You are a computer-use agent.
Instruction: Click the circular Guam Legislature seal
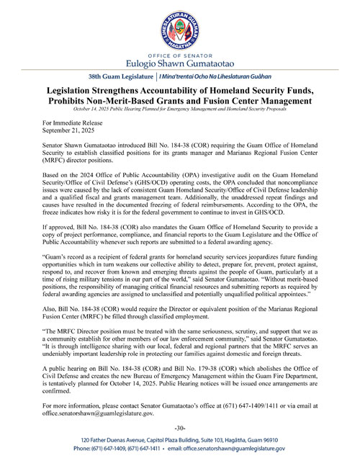179,29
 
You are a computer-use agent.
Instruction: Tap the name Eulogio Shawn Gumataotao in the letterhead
179,65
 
